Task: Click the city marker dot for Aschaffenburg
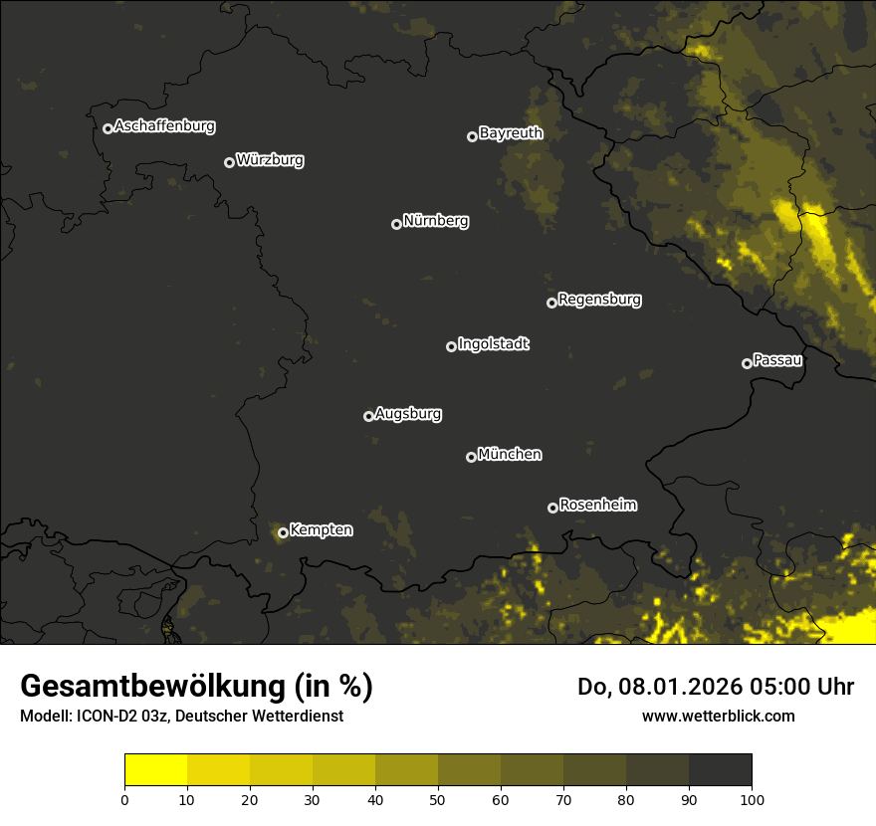click(108, 128)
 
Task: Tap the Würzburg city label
click(270, 160)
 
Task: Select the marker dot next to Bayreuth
click(472, 136)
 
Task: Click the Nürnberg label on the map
click(435, 221)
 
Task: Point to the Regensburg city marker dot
click(551, 303)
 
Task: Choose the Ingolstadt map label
click(493, 344)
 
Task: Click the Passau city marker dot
click(747, 363)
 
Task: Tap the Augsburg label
click(408, 414)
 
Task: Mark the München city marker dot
click(471, 457)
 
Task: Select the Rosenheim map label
click(597, 506)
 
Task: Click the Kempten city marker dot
click(283, 532)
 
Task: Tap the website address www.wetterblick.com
click(718, 716)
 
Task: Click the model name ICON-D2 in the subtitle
click(107, 717)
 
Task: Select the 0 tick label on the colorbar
click(124, 799)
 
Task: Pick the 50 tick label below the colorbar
click(438, 799)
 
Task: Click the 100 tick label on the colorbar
click(752, 799)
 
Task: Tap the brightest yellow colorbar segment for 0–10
click(155, 770)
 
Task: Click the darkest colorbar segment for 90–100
click(720, 770)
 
